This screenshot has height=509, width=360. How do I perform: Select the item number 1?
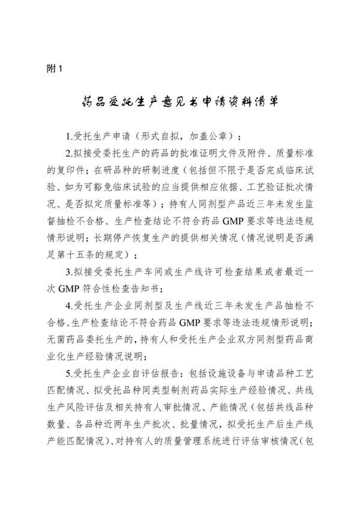click(68, 134)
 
